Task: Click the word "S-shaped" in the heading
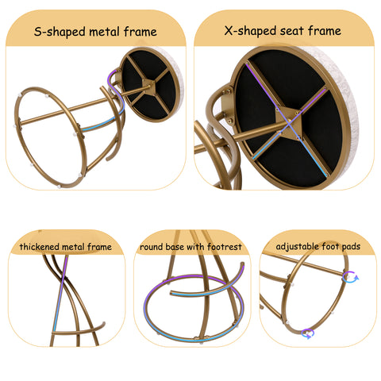(x=60, y=32)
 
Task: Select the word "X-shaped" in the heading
(x=250, y=31)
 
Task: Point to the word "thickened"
(x=39, y=247)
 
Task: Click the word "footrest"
(x=225, y=247)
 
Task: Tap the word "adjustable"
(x=297, y=247)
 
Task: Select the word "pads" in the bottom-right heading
(x=351, y=247)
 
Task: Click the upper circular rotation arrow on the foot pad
(x=350, y=277)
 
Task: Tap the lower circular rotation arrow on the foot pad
(x=308, y=333)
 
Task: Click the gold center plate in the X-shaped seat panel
(x=289, y=122)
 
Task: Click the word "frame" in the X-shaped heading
(x=325, y=31)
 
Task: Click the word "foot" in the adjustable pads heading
(x=330, y=246)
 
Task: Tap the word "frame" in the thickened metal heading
(x=99, y=247)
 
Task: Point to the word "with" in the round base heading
(x=196, y=247)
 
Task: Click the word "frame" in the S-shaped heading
(x=140, y=32)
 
